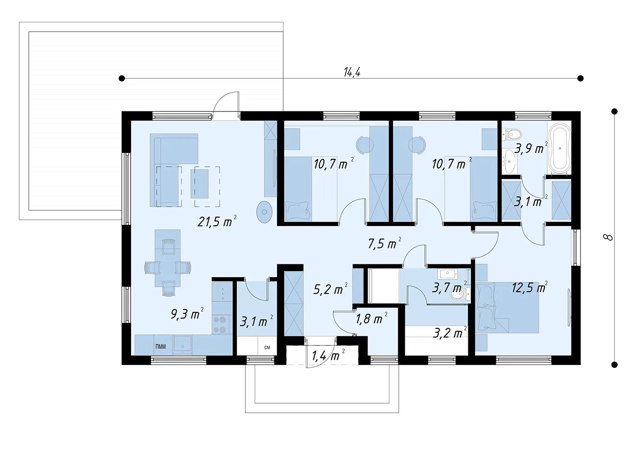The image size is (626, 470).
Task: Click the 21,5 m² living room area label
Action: tap(217, 222)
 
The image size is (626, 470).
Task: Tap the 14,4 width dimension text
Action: tap(352, 72)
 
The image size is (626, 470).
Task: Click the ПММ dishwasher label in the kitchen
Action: tap(160, 346)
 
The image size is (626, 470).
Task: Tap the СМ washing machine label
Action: tap(267, 347)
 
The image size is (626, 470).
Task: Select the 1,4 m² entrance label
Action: tap(328, 355)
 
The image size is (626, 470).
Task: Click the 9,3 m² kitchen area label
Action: tap(187, 314)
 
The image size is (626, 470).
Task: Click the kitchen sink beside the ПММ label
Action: tap(183, 345)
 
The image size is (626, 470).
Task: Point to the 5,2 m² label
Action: tap(331, 289)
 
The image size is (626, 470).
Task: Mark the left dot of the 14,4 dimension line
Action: tap(122, 78)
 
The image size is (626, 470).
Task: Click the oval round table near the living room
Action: tap(264, 212)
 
